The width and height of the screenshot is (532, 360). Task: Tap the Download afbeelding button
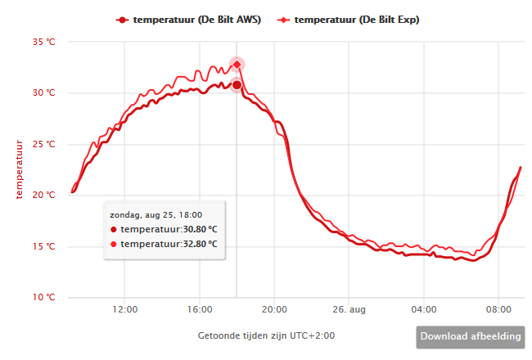pos(470,336)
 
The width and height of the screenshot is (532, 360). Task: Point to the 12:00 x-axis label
pos(124,310)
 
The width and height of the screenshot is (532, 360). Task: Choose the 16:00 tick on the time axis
pos(200,310)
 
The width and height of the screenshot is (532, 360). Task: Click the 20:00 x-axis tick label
pos(274,310)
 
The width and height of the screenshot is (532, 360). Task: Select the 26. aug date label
pos(349,310)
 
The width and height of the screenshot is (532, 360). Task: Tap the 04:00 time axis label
pos(424,310)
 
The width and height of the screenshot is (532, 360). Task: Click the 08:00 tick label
pos(498,310)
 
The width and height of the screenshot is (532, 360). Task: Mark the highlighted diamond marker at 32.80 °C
pos(237,65)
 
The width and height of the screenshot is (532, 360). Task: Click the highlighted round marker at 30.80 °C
pos(237,85)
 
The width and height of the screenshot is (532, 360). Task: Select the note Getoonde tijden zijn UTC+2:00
pos(266,335)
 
